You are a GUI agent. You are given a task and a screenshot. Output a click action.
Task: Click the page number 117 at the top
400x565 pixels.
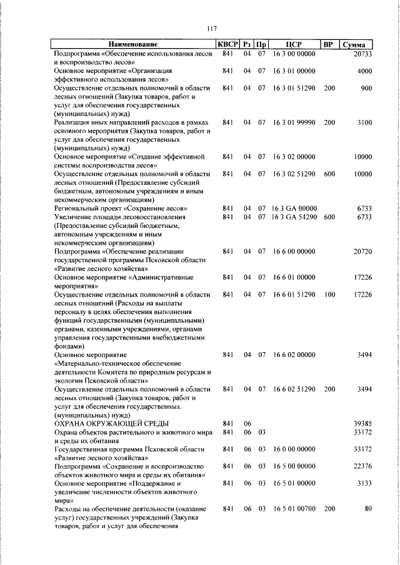211,29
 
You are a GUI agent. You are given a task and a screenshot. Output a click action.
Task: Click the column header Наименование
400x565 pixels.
132,45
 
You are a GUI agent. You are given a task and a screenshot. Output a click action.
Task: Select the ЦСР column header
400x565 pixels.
294,45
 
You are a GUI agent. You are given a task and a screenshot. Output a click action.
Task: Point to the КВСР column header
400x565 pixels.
227,45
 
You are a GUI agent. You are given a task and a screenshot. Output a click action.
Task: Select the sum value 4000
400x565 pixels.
364,72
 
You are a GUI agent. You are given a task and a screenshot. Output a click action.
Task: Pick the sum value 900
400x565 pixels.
366,89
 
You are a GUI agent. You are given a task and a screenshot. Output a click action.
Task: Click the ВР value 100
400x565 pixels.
329,294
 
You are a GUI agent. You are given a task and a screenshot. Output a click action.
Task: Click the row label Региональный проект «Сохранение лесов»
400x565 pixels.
121,208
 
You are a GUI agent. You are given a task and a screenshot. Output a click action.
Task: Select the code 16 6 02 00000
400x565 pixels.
294,355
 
